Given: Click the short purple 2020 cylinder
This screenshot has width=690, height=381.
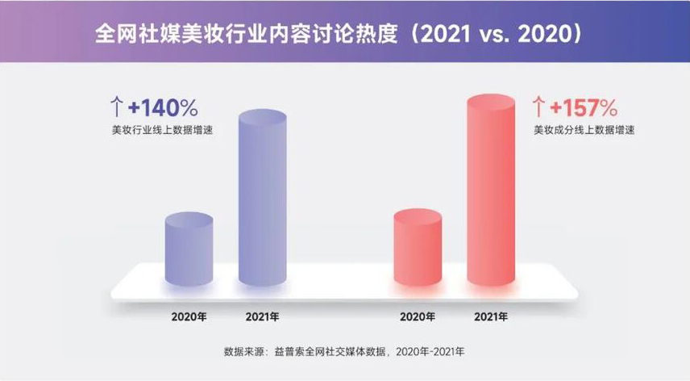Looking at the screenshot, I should (189, 250).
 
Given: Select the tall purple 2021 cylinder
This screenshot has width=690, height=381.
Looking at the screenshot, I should (263, 202).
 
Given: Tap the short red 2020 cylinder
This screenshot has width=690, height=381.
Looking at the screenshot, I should (418, 250).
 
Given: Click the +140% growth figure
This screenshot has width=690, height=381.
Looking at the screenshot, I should (162, 108).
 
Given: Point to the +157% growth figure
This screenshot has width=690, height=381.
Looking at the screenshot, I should (584, 108).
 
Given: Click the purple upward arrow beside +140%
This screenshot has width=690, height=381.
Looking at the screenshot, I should (116, 107).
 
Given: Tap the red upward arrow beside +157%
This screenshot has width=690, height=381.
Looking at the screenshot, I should (538, 107).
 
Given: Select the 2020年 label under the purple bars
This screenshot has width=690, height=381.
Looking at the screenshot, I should (189, 316).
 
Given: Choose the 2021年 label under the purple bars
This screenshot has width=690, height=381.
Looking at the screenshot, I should (263, 316).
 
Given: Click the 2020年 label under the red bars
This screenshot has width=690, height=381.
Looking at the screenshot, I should (418, 316).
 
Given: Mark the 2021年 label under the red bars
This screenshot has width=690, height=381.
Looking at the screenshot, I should (492, 316).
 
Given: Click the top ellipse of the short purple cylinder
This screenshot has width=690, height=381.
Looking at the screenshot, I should (189, 220).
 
